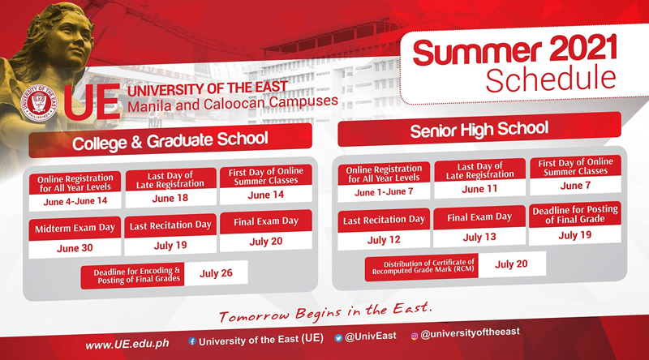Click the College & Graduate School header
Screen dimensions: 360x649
tap(170, 139)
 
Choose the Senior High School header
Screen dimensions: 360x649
tap(479, 129)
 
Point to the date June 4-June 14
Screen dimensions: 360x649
tap(75, 199)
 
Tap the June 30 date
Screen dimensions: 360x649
tap(75, 248)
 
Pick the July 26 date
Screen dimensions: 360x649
tap(217, 272)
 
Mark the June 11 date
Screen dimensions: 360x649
tap(479, 188)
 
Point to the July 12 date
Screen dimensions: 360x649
tap(383, 240)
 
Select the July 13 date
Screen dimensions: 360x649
tap(479, 237)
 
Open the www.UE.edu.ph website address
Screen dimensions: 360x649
tap(127, 345)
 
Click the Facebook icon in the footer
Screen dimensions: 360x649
tap(191, 341)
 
